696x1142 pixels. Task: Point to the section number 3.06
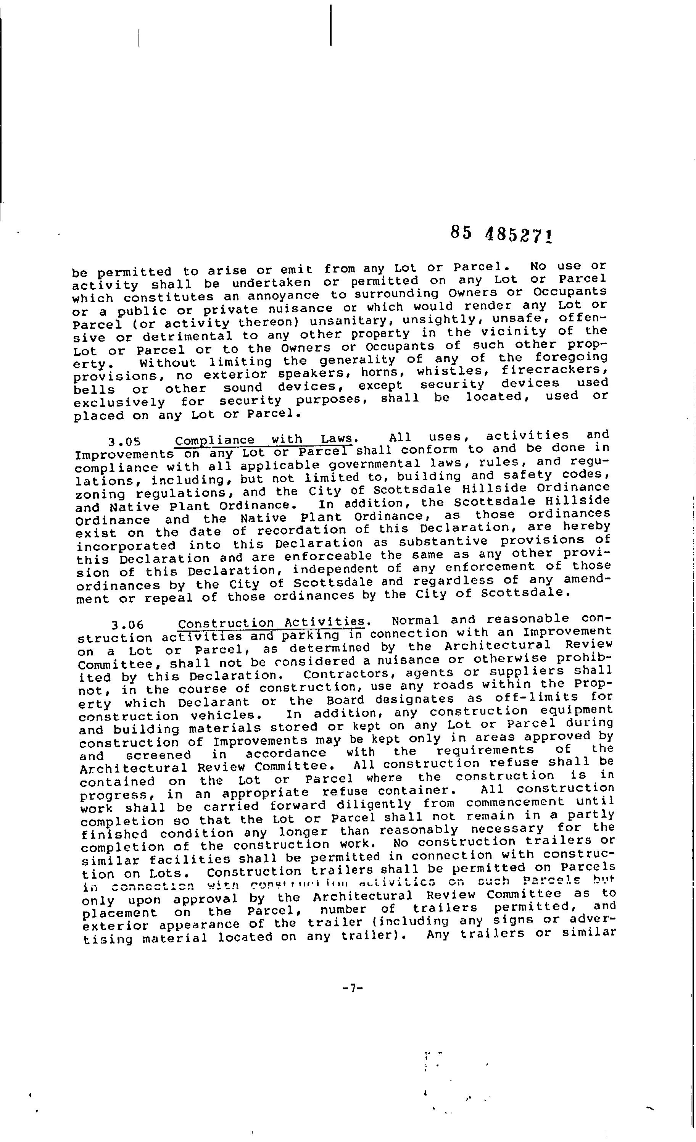pos(127,625)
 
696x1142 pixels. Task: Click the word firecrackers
pos(554,370)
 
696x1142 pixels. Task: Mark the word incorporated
pos(126,546)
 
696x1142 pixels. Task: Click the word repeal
pos(169,598)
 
